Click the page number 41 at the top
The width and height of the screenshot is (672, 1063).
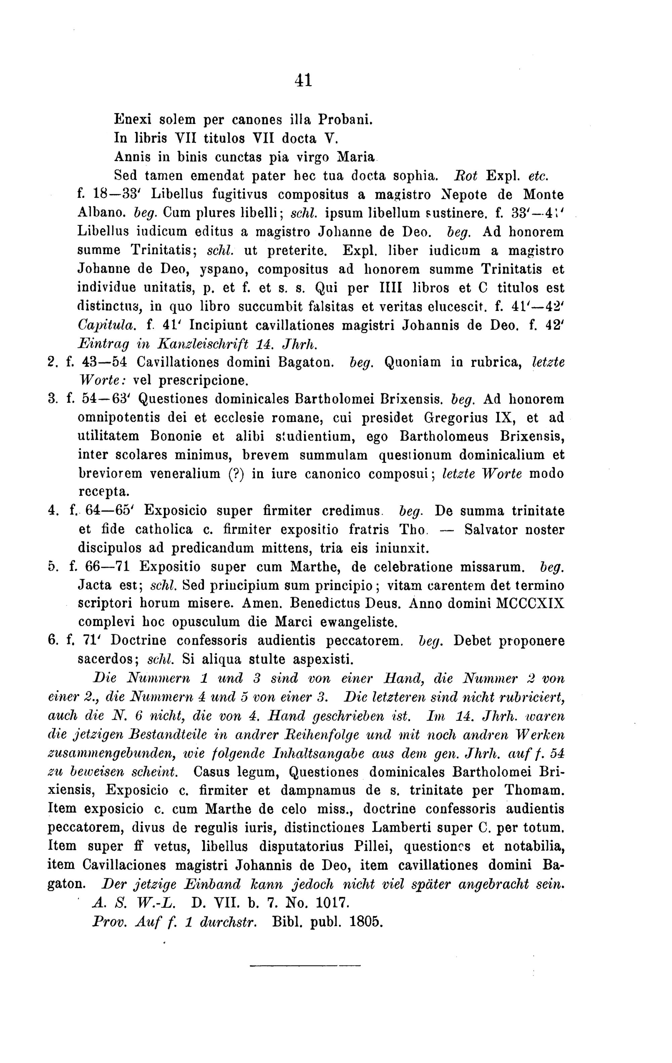coord(303,80)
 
